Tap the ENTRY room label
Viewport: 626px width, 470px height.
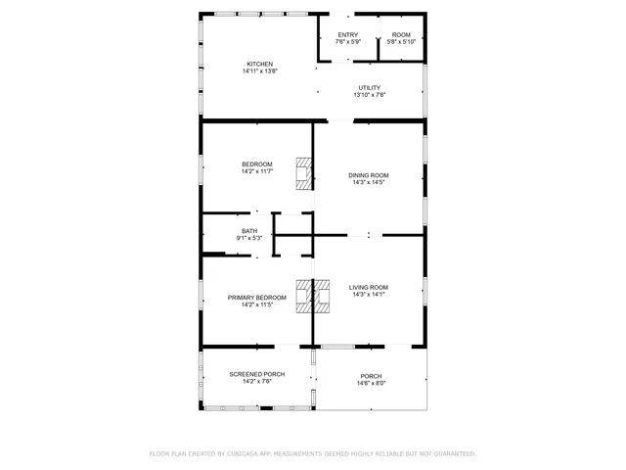[348, 34]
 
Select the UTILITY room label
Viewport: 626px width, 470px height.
[369, 87]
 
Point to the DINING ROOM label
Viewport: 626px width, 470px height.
[368, 175]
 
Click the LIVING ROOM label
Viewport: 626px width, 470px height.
[369, 287]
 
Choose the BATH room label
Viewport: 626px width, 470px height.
[249, 231]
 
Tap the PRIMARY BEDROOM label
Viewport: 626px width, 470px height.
[257, 298]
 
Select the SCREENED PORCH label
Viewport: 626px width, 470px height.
[257, 374]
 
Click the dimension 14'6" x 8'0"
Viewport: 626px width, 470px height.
[371, 383]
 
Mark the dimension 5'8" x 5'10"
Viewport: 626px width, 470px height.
[401, 41]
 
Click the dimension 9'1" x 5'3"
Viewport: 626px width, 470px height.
[249, 238]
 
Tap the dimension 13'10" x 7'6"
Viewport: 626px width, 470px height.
[369, 94]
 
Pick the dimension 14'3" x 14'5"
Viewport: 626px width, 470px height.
[368, 182]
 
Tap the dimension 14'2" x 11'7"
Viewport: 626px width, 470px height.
[257, 171]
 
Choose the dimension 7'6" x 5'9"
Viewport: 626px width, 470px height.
[348, 41]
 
